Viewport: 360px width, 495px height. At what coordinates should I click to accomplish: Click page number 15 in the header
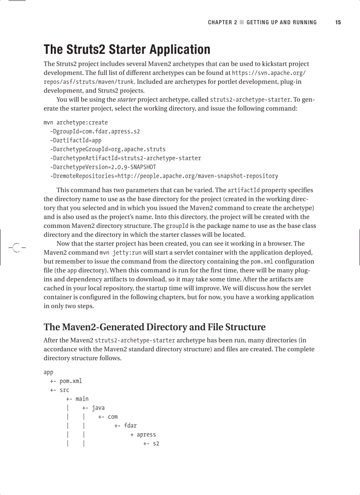point(338,22)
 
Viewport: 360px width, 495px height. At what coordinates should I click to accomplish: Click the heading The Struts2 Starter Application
point(127,49)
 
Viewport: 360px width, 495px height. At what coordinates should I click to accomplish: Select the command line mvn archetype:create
point(75,123)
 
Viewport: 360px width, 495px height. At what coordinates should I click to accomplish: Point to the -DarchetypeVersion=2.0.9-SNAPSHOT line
point(103,167)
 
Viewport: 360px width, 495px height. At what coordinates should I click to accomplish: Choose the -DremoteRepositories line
point(164,176)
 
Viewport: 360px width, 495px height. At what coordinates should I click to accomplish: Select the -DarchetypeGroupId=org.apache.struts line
point(108,149)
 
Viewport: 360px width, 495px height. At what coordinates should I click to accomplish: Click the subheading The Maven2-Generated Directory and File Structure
point(154,327)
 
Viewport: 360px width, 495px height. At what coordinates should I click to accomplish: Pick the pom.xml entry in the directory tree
point(71,381)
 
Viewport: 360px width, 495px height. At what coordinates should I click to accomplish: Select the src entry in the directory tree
point(64,390)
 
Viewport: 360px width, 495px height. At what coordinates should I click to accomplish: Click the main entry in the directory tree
point(82,399)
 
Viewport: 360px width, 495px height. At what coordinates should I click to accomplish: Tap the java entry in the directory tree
point(98,408)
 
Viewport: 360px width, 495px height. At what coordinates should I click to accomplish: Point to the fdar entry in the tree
point(130,426)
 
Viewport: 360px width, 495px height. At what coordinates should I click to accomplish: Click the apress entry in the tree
point(146,435)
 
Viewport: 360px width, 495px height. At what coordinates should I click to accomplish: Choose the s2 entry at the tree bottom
point(156,443)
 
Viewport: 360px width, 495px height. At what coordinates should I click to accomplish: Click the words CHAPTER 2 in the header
point(222,22)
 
